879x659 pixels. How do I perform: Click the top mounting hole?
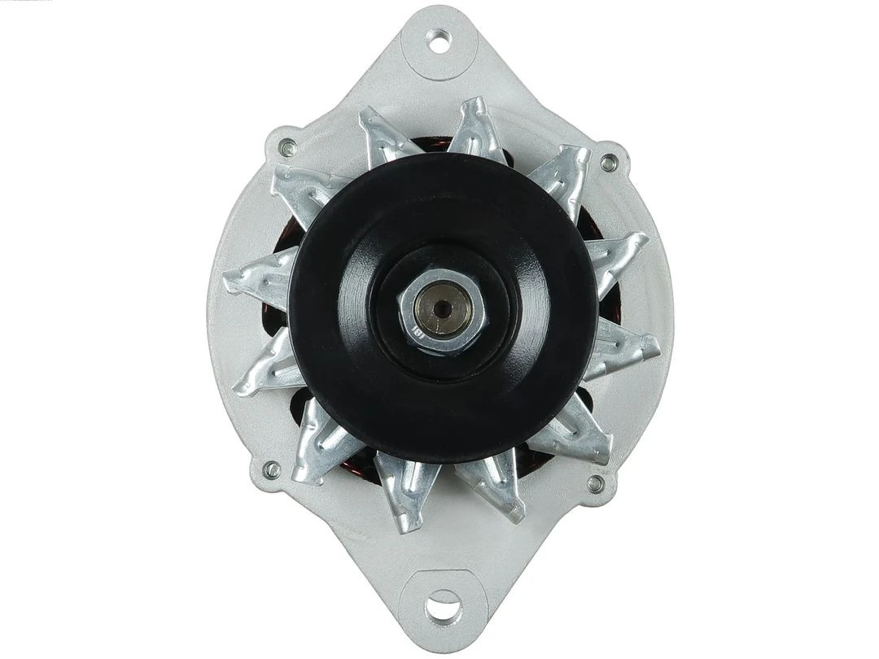tap(439, 40)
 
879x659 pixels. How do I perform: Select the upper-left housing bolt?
tap(287, 148)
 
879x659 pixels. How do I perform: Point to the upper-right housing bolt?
tap(609, 163)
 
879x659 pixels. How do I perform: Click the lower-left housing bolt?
tap(272, 469)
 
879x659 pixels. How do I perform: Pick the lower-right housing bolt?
tap(595, 484)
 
